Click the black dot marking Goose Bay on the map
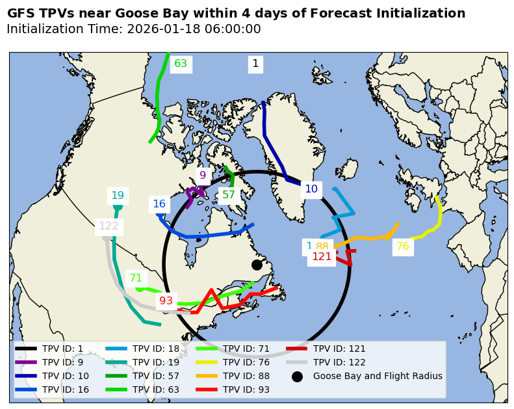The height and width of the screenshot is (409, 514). tap(257, 265)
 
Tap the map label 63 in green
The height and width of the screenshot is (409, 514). tap(181, 64)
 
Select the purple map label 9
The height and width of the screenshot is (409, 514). tap(202, 175)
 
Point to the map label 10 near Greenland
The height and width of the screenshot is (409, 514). tap(311, 189)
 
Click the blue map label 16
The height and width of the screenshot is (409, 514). tap(159, 204)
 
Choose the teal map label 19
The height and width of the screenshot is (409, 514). tap(118, 195)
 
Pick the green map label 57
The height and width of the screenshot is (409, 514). tap(229, 194)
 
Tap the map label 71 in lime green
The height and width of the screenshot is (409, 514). tap(136, 278)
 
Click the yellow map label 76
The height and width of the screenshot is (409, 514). tap(403, 246)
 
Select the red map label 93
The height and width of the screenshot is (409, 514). tap(166, 300)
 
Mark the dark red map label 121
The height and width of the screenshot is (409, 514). tap(322, 256)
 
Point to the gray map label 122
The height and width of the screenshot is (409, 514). tap(109, 226)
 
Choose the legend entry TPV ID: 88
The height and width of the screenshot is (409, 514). tap(246, 376)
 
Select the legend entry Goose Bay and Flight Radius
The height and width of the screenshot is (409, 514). tap(377, 376)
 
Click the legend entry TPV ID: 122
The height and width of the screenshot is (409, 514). tap(339, 362)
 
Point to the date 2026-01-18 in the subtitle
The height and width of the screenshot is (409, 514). tap(162, 29)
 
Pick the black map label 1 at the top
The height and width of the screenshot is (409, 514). tap(255, 64)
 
